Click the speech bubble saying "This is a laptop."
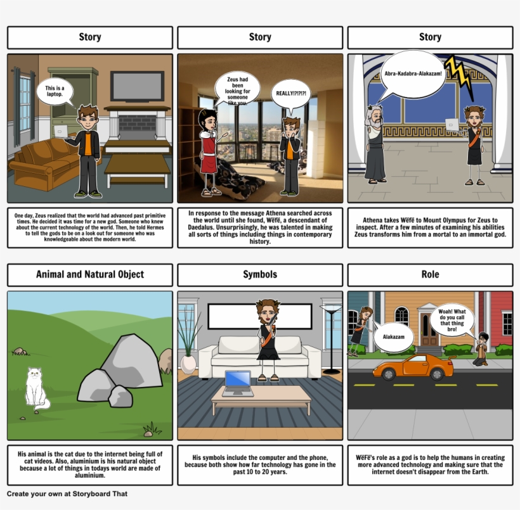(x=55, y=91)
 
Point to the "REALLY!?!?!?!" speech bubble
(x=291, y=94)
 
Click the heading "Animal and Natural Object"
(x=90, y=274)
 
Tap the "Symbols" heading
(x=260, y=274)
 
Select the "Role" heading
(x=430, y=274)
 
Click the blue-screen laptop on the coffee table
(x=237, y=383)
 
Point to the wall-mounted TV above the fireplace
(x=137, y=86)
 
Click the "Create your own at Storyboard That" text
(x=67, y=494)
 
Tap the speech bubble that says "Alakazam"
(x=393, y=336)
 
